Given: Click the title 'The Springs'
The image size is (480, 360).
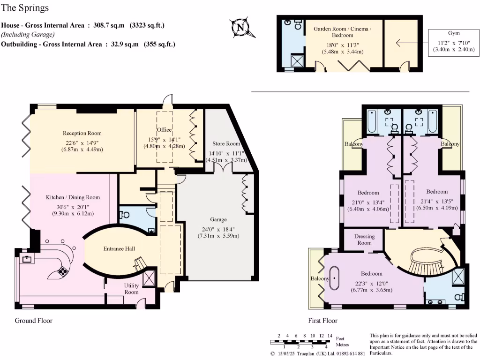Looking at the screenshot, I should (25, 8).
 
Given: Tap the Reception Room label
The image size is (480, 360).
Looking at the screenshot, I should (82, 133).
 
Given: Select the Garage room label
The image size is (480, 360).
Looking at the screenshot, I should (218, 219).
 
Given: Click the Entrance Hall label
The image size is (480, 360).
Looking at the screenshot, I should (119, 248).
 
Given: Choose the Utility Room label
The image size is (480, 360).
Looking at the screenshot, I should (131, 289).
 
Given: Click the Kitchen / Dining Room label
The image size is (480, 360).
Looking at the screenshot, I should (73, 197).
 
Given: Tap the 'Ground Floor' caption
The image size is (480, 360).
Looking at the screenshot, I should (34, 321).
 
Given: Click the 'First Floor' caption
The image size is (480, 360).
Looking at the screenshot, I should (322, 321).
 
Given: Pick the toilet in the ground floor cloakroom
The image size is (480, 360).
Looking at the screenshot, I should (125, 215).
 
